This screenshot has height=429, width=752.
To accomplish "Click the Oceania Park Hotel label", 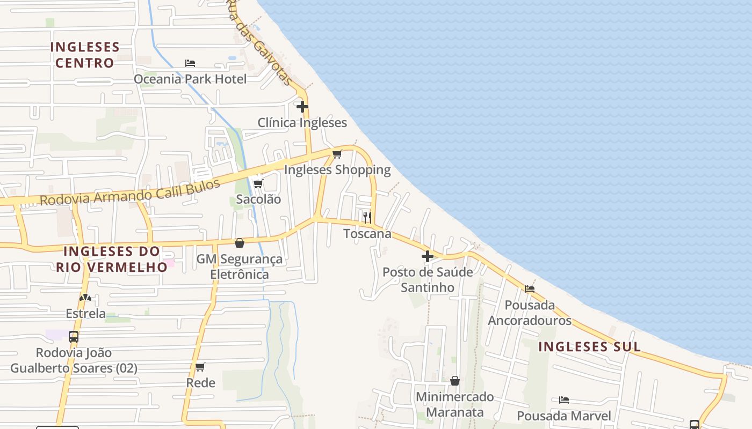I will point(190,79).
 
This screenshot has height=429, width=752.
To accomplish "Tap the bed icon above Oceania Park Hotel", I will point(190,63).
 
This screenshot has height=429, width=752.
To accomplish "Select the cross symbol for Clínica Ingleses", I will point(302,107).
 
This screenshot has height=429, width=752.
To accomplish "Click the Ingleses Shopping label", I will point(337,170).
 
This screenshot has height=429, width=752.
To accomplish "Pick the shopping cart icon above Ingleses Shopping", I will point(337,154).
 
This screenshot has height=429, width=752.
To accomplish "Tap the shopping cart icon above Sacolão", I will point(258,184).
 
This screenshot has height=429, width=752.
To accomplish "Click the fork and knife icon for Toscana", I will point(367,217).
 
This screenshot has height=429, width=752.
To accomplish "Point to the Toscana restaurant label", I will point(367,234).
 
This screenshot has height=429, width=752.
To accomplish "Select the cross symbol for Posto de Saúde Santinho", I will point(428,256).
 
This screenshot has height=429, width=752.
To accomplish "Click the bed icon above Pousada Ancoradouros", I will point(530,289).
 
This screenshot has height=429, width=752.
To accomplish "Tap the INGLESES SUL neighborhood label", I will point(589,347).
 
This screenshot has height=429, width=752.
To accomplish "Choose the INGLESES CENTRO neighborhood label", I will point(85,55).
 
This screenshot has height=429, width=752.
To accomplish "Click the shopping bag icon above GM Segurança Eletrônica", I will point(240,243).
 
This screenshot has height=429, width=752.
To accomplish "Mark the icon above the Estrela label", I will point(85,298).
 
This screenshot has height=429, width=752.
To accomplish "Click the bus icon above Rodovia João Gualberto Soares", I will point(74,337).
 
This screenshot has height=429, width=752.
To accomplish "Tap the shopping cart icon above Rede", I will point(200,367).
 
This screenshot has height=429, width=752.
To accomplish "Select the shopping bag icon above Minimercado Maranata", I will point(455,381).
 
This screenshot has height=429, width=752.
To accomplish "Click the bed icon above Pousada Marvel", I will point(563,400).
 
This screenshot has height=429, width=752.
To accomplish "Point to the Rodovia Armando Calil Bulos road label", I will point(130,193).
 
